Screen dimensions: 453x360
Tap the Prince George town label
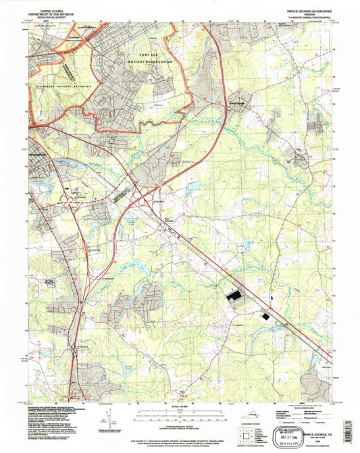(x=238, y=103)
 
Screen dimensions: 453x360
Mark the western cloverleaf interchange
(x=70, y=199)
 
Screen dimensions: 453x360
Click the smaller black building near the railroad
(x=265, y=315)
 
